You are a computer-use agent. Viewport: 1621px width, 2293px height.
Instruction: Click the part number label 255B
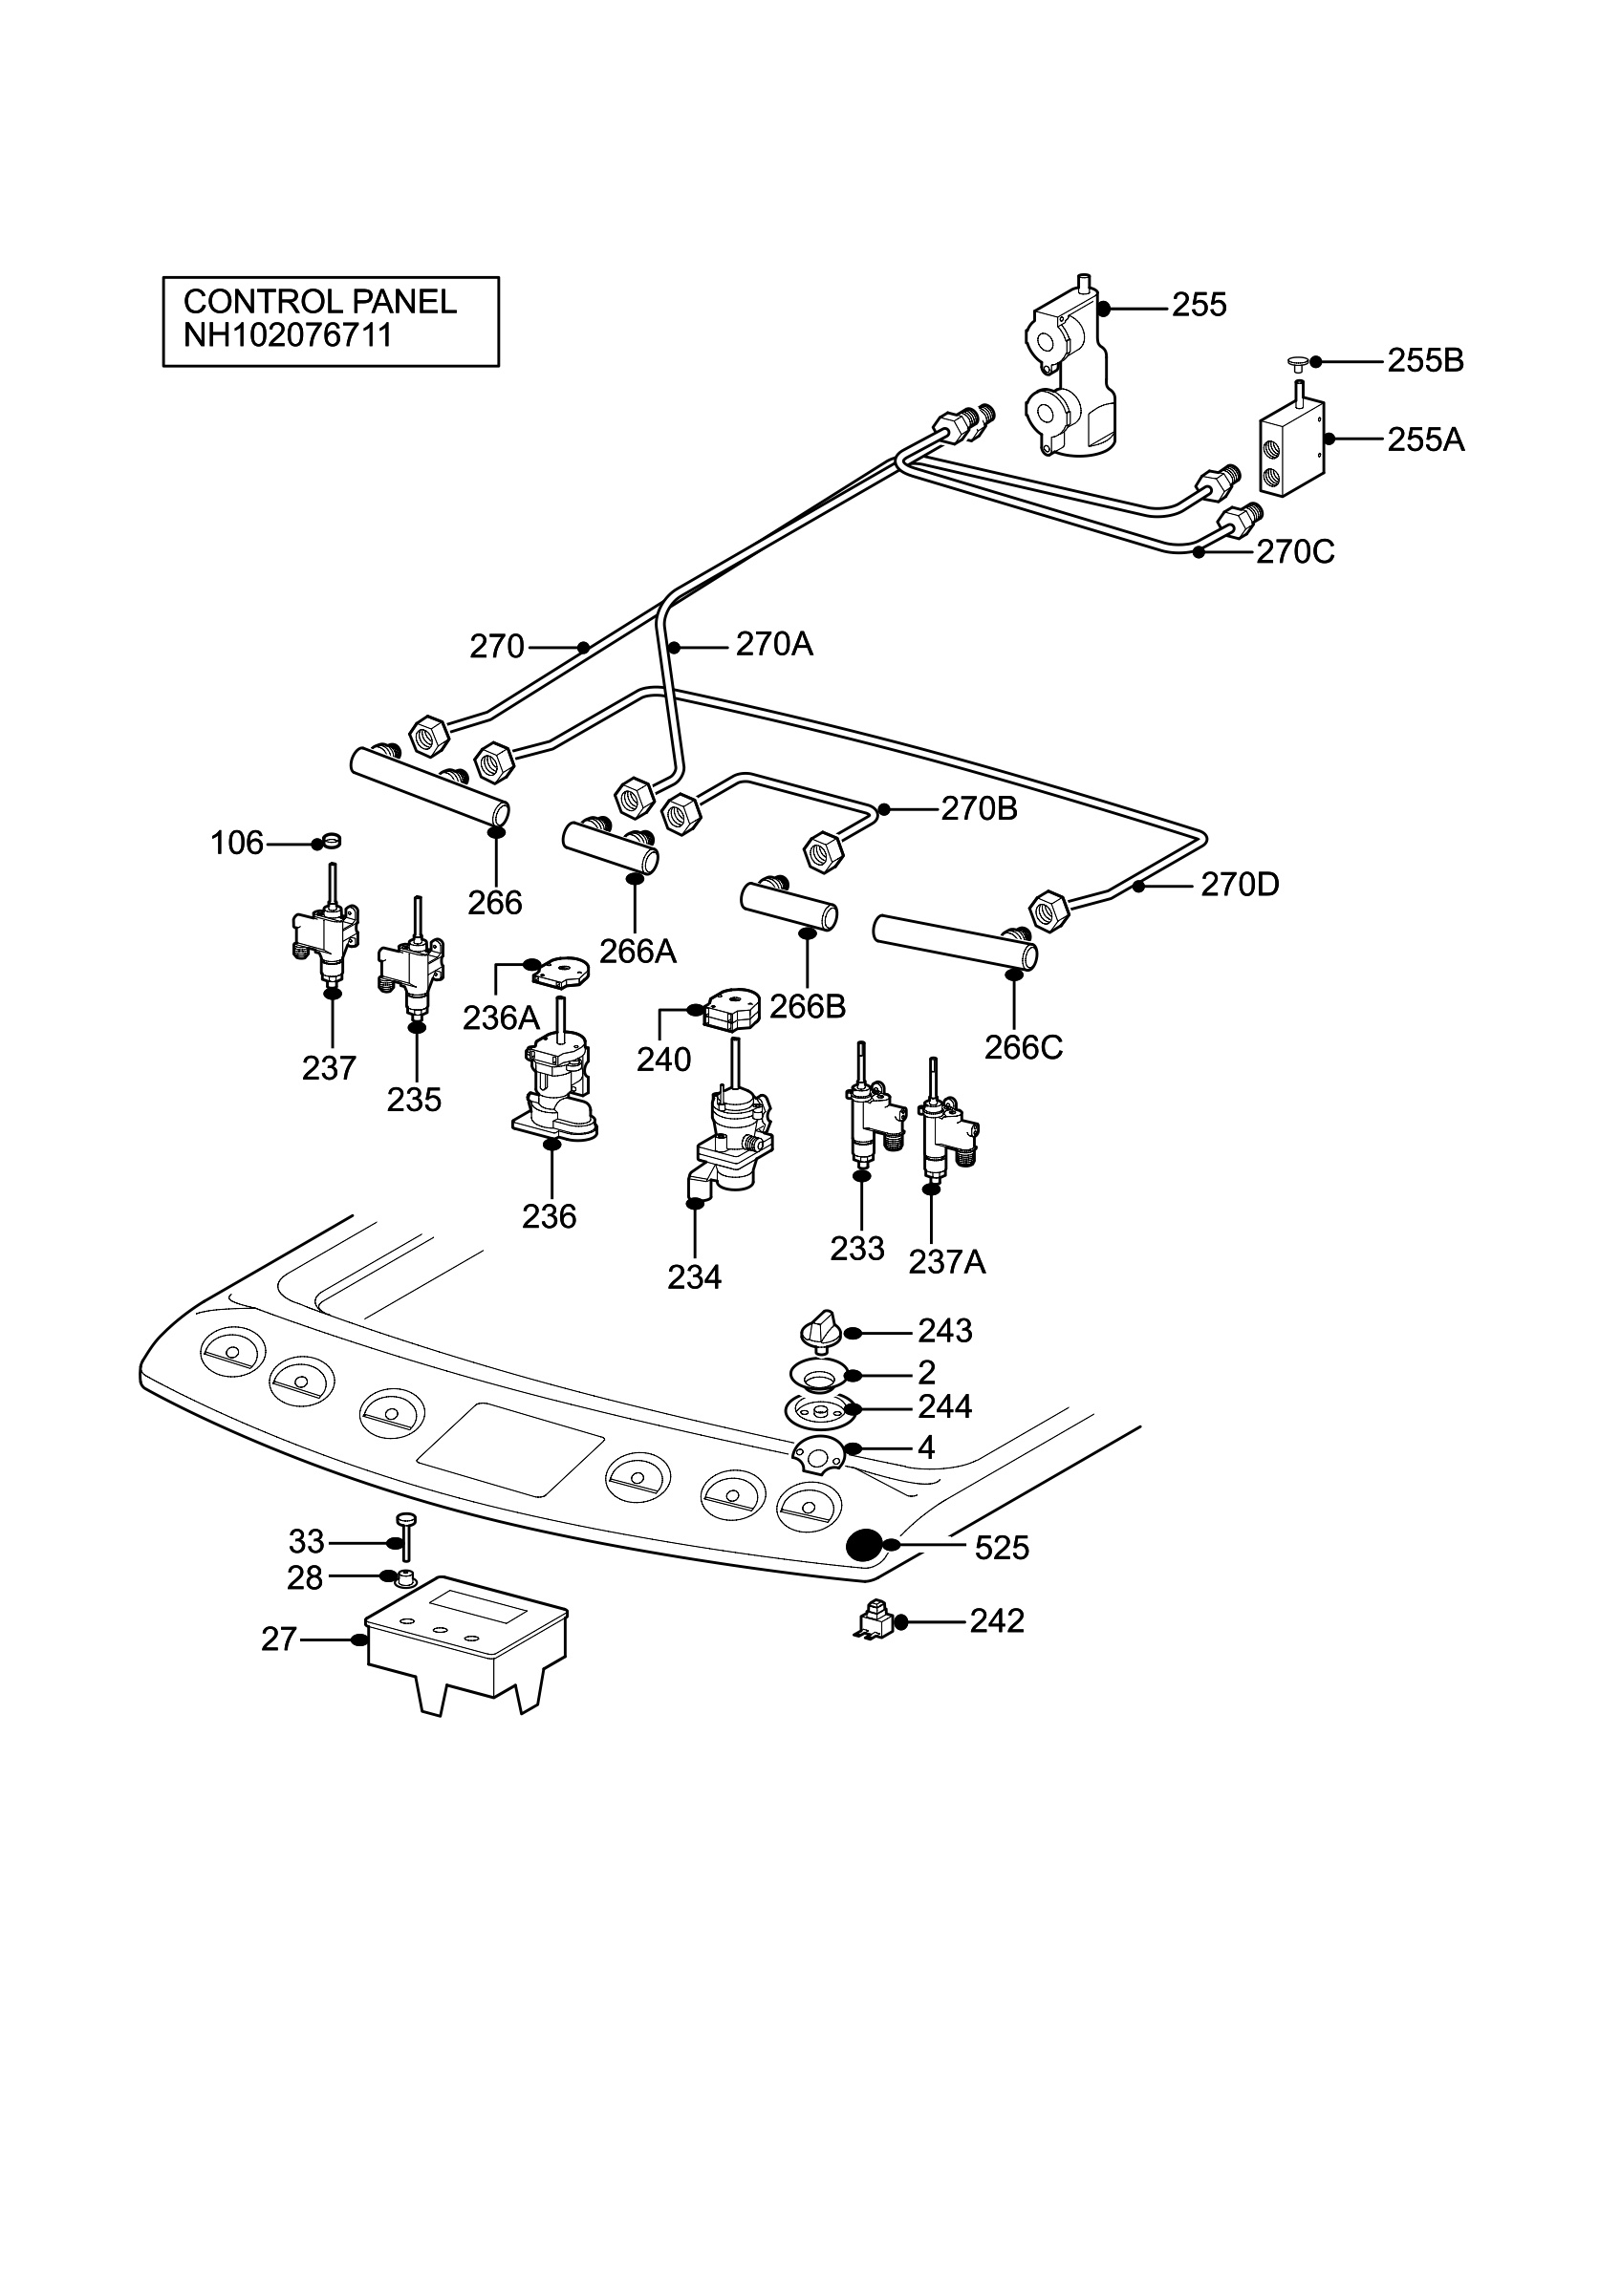[1425, 360]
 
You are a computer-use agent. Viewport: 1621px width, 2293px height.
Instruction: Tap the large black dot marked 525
[863, 1544]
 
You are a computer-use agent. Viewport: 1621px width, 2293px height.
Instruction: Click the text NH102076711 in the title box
[288, 334]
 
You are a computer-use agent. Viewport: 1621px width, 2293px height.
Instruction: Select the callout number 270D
[1240, 885]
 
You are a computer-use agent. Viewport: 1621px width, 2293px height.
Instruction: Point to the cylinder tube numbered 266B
[788, 906]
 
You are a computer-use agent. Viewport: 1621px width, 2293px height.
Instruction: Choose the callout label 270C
[1295, 551]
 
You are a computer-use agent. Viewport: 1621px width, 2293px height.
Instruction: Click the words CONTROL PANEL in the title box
[319, 301]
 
